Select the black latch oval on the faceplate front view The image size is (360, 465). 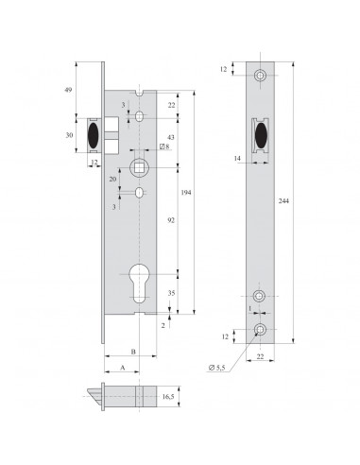259,135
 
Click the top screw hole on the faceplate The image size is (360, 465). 259,74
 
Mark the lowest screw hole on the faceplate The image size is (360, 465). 259,328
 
